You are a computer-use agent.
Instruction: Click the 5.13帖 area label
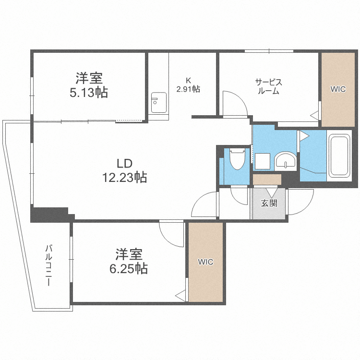click(89, 92)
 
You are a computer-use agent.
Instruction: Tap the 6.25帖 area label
click(128, 268)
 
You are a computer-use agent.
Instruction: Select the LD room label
click(124, 162)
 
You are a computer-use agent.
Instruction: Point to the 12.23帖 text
click(124, 178)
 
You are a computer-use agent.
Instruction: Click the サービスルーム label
click(268, 86)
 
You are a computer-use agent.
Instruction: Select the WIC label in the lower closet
click(206, 262)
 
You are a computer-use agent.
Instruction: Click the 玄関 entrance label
click(269, 203)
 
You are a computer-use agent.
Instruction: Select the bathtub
click(339, 156)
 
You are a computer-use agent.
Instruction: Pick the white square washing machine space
click(263, 161)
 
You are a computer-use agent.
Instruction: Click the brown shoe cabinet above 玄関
click(267, 180)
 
